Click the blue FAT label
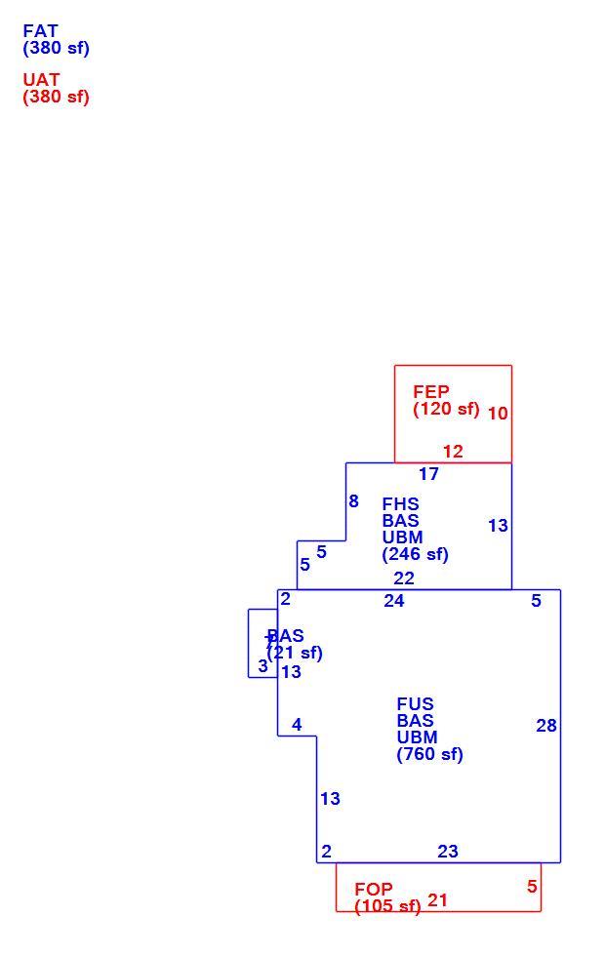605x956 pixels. pos(40,31)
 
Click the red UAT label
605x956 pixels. pos(41,80)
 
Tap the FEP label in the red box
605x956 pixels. pos(431,391)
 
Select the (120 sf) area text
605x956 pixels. pos(447,409)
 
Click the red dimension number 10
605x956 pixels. pos(498,414)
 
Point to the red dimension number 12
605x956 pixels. pos(453,452)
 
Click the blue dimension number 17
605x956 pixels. pos(428,474)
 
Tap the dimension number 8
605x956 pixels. pos(353,501)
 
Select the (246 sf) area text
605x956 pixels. pos(416,554)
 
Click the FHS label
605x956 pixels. pos(401,504)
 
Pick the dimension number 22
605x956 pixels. pos(404,578)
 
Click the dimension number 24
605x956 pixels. pos(394,601)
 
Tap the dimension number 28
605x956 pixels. pos(546,726)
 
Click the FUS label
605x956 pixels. pos(416,704)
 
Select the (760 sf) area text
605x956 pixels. pos(430,754)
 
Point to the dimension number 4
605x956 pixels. pos(297,725)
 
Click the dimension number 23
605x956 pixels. pos(448,851)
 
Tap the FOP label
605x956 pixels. pos(374,889)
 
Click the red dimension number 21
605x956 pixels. pos(437,899)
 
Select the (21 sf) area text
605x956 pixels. pos(295,653)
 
